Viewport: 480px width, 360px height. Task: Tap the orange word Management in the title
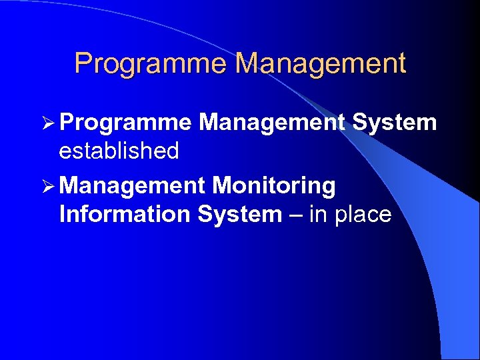tap(321, 64)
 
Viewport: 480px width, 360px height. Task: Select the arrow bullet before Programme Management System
tap(49, 123)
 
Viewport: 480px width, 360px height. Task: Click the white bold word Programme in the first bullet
tap(126, 123)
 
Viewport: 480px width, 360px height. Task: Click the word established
tap(119, 151)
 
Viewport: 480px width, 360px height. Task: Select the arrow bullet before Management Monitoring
tap(49, 186)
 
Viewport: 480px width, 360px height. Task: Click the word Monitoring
tap(273, 186)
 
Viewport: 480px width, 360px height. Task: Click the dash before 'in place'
tap(295, 215)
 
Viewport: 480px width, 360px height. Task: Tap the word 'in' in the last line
tap(316, 214)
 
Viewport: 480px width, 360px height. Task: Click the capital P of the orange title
tap(83, 64)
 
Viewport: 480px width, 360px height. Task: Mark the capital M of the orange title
tap(249, 64)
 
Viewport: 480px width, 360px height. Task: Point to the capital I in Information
tap(63, 214)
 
